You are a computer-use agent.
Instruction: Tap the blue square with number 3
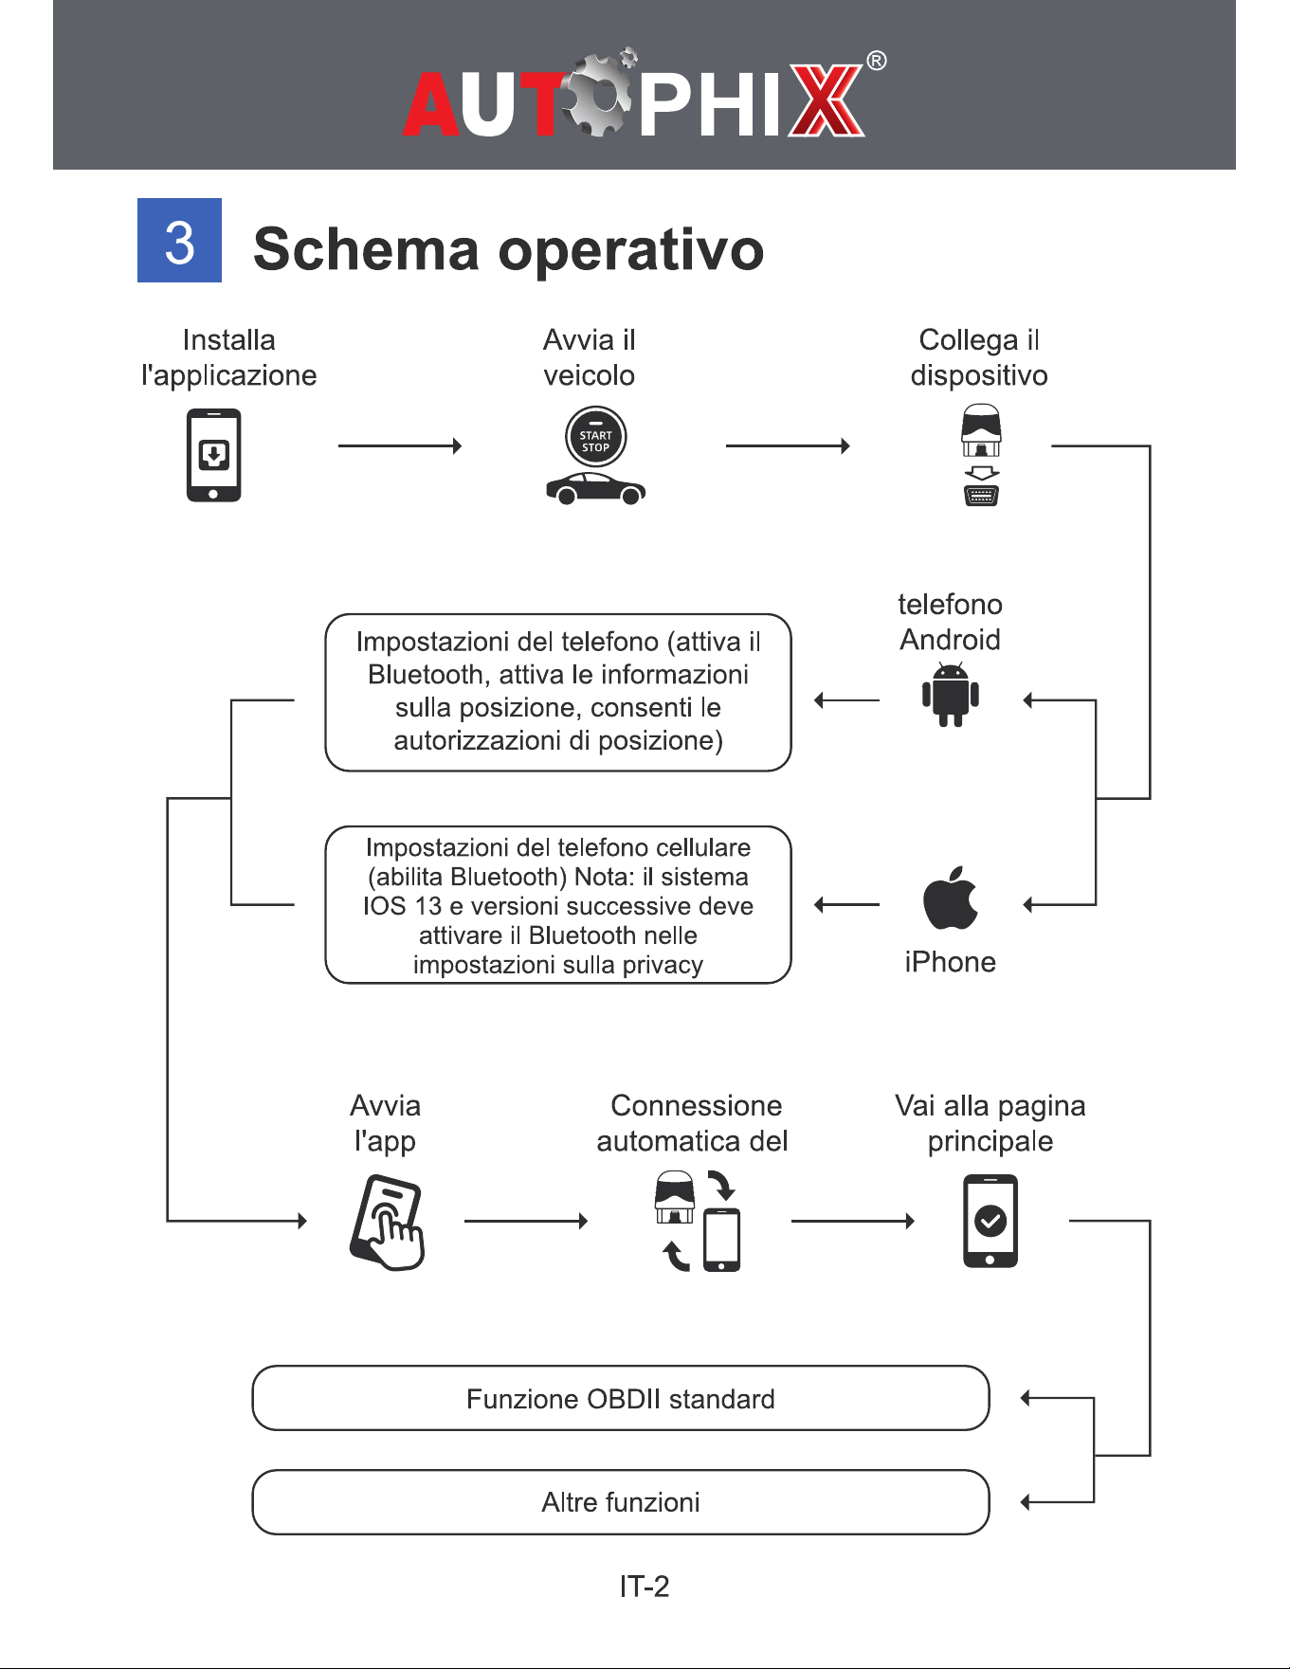pos(179,240)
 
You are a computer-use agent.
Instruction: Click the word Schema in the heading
pos(367,249)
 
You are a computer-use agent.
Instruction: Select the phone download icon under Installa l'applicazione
pos(213,455)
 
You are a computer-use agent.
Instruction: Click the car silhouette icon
pos(595,488)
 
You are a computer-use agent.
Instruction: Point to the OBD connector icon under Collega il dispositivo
pos(981,455)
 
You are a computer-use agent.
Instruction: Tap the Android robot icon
pos(951,695)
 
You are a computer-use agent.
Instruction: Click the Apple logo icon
pos(951,898)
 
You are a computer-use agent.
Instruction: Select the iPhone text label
pos(950,962)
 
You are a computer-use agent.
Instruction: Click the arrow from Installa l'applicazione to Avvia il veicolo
pos(400,445)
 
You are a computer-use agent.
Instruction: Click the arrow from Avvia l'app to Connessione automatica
pos(526,1221)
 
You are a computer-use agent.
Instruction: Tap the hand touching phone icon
pos(387,1223)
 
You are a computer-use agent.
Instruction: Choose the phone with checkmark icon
pos(990,1221)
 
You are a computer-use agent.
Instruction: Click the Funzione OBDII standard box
pos(621,1398)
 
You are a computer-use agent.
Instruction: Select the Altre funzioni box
pos(621,1502)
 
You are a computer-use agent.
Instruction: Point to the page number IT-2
pos(645,1587)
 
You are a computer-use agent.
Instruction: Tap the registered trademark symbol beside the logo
pos(877,62)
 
